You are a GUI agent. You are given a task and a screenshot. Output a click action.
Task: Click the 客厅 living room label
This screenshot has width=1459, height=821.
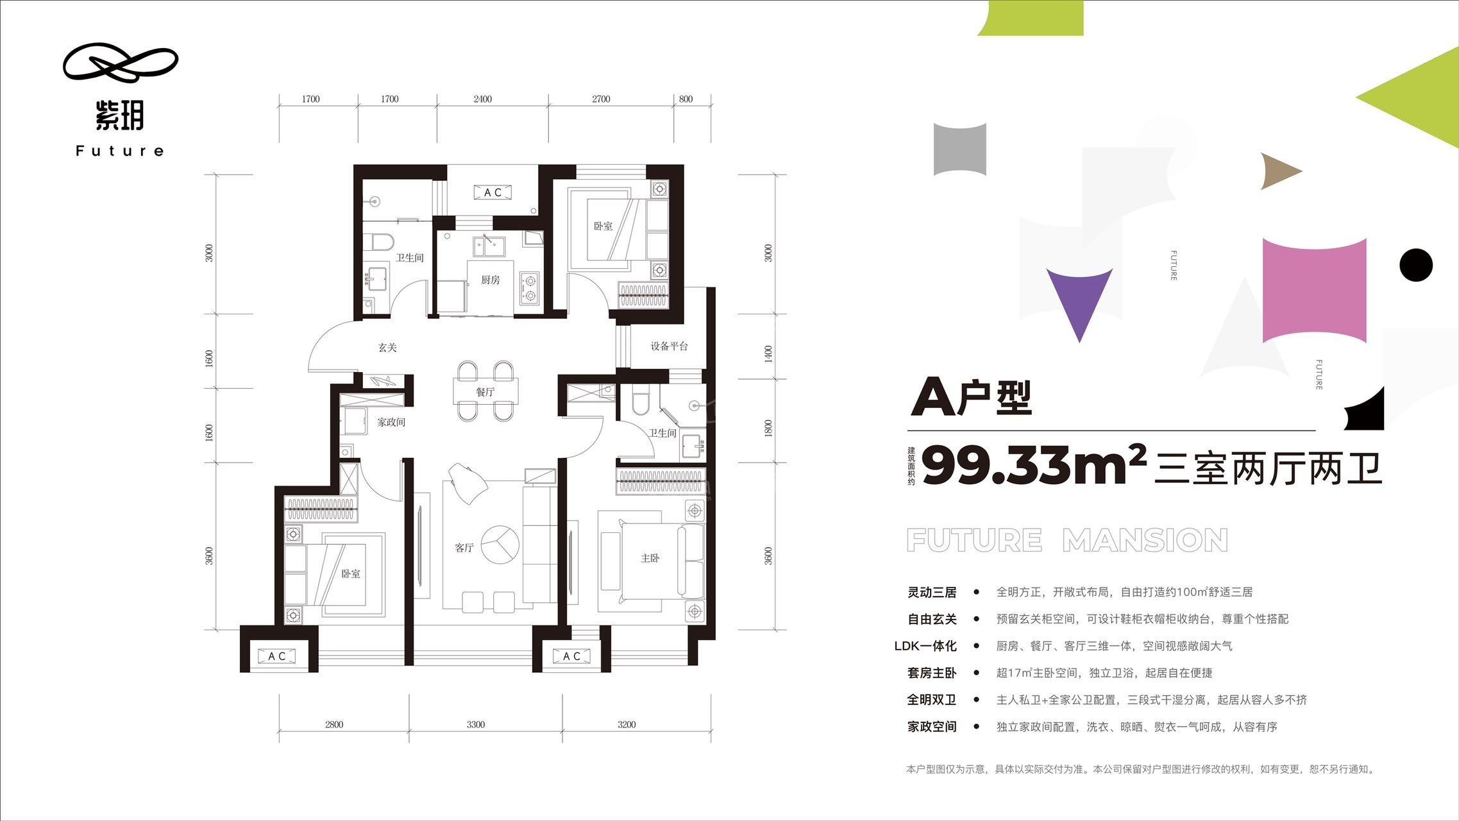pos(464,547)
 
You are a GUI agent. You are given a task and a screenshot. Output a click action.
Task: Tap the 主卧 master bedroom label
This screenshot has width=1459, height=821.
pos(650,558)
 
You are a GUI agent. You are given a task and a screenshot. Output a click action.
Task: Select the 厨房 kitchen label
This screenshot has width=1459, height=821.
pos(491,280)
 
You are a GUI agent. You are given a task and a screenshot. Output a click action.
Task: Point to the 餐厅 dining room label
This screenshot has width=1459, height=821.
pos(485,392)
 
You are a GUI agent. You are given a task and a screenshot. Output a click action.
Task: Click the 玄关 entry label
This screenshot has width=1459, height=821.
pos(387,348)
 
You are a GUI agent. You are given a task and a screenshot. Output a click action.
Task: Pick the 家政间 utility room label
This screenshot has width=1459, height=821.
pos(391,422)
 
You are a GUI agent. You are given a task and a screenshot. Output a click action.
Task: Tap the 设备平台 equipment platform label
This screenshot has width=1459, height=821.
pos(670,346)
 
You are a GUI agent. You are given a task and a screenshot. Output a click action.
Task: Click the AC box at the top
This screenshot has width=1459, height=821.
pos(493,192)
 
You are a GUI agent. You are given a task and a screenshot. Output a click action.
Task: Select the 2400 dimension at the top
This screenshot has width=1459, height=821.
pos(483,99)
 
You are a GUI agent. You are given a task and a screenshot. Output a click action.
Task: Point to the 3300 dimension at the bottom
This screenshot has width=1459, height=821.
pos(476,725)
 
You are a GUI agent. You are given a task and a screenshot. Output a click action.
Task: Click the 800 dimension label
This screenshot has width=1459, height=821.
pos(686,99)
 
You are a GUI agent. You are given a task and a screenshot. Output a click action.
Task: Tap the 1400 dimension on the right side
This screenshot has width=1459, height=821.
pos(768,354)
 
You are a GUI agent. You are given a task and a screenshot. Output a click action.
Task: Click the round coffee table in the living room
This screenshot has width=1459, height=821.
pos(500,545)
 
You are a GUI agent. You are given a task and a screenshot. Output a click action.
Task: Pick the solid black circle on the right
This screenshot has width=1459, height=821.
pos(1416,265)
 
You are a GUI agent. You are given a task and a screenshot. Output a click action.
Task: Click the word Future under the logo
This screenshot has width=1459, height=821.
pos(120,151)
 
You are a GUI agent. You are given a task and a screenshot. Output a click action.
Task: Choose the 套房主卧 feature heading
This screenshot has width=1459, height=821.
pos(932,673)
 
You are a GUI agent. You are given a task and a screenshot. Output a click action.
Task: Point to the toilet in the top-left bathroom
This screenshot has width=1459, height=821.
pos(382,242)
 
